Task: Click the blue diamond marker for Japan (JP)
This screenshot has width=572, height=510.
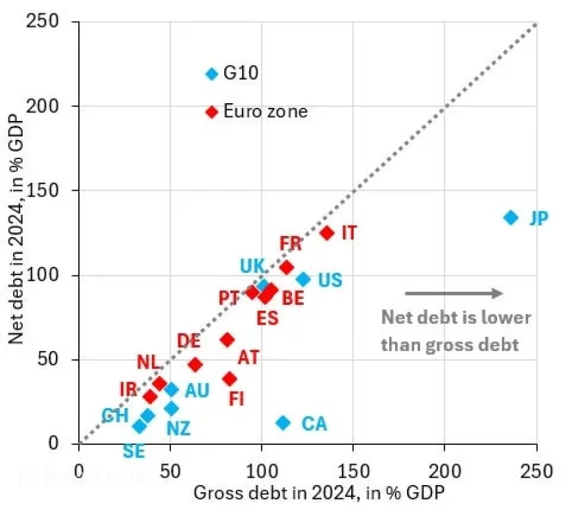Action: pos(511,218)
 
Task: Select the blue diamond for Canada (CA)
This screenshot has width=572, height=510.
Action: pos(283,423)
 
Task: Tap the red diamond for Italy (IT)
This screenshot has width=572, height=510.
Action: pos(327,233)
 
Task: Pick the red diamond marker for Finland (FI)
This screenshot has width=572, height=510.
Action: pos(229,379)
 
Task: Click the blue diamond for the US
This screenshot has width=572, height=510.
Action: pos(303,279)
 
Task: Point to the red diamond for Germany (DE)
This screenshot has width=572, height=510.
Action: pos(195,364)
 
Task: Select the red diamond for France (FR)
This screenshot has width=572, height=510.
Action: pos(287,267)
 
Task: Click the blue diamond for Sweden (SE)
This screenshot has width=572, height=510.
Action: pos(139,426)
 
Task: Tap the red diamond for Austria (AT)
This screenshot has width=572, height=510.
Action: pos(227,339)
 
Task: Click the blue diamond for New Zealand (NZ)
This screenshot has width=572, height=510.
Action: pos(172,408)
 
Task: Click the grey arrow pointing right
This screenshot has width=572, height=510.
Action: pos(454,293)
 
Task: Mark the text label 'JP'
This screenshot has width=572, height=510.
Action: pos(538,218)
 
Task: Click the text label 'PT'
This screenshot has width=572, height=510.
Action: pos(229,298)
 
